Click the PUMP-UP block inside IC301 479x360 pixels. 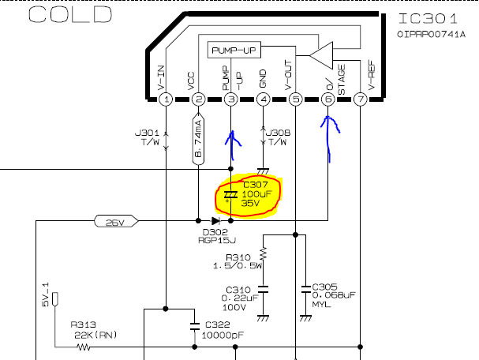pyautogui.click(x=234, y=50)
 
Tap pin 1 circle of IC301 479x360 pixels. pyautogui.click(x=166, y=99)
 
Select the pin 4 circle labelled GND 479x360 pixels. pyautogui.click(x=263, y=99)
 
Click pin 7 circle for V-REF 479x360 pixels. pyautogui.click(x=361, y=99)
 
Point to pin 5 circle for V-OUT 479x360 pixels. pyautogui.click(x=295, y=99)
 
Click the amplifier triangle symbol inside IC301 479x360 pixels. pyautogui.click(x=321, y=55)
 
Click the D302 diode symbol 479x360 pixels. pyautogui.click(x=215, y=220)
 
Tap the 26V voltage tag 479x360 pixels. pyautogui.click(x=116, y=221)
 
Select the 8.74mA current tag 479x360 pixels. pyautogui.click(x=198, y=139)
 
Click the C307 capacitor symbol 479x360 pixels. pyautogui.click(x=230, y=195)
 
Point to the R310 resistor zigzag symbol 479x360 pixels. pyautogui.click(x=263, y=253)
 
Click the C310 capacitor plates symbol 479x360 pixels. pyautogui.click(x=263, y=289)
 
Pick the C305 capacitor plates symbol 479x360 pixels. pyautogui.click(x=305, y=289)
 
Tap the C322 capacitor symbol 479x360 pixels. pyautogui.click(x=195, y=327)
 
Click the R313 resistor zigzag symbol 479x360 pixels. pyautogui.click(x=83, y=347)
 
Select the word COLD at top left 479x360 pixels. pyautogui.click(x=70, y=15)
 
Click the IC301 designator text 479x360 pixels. pyautogui.click(x=428, y=19)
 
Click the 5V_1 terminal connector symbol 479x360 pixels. pyautogui.click(x=55, y=299)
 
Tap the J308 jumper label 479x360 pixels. pyautogui.click(x=279, y=133)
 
